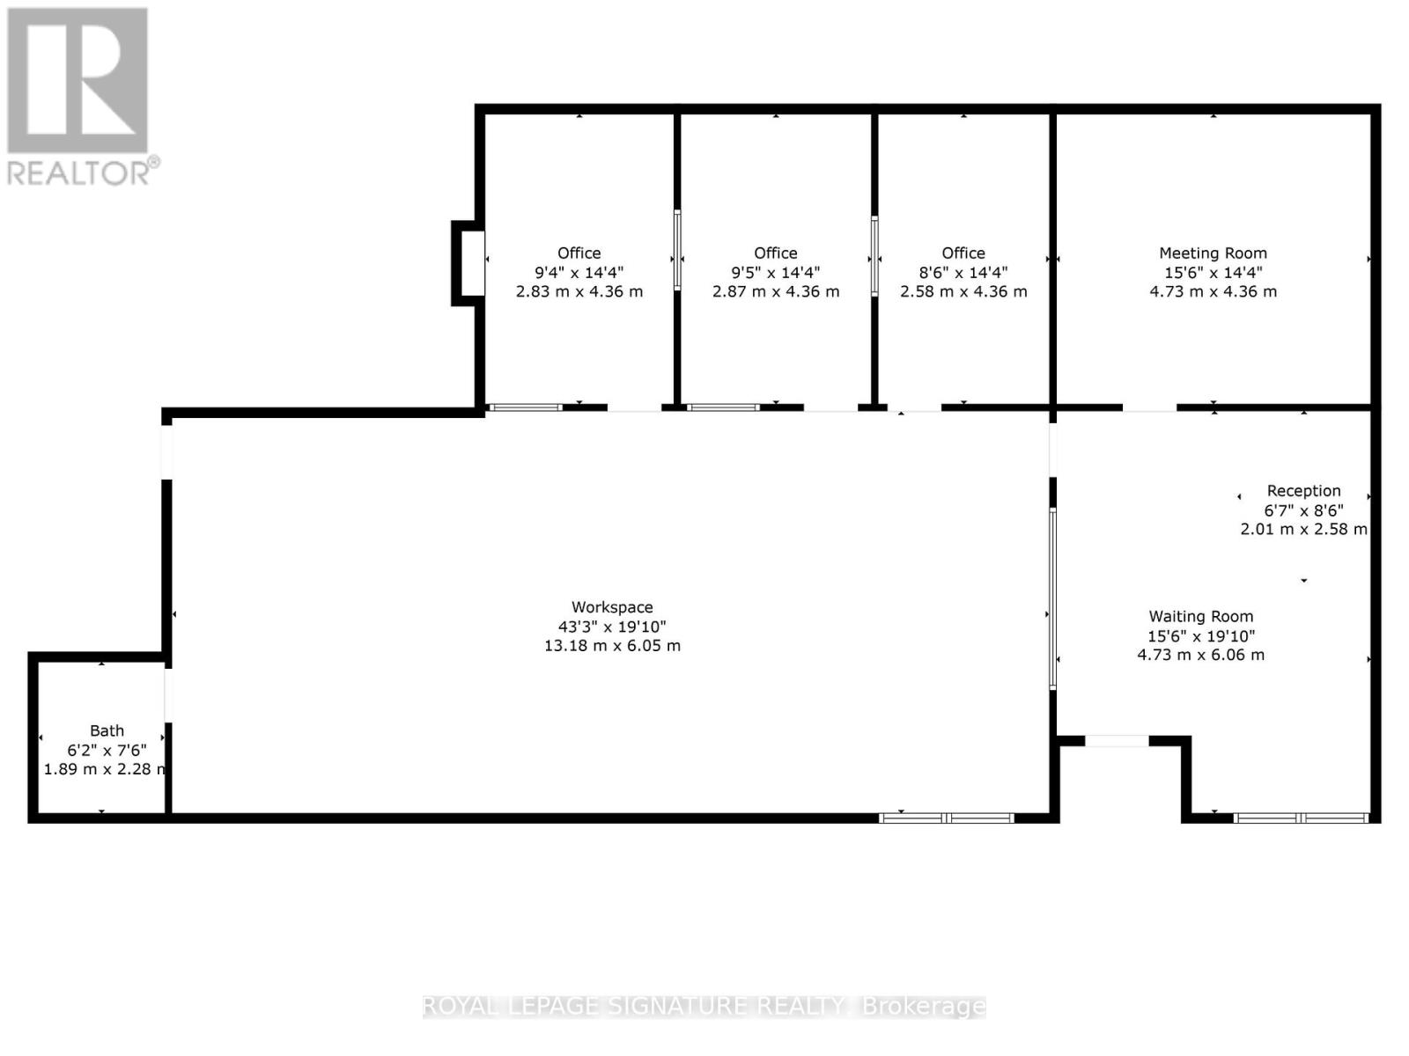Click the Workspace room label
(612, 607)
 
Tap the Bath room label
(107, 730)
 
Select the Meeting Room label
(1213, 253)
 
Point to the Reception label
(1303, 491)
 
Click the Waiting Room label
(1200, 617)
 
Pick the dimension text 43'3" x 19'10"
(612, 627)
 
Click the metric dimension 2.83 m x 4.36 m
(579, 291)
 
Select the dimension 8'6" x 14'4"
(963, 273)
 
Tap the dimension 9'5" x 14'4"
(775, 273)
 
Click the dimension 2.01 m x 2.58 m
(1303, 529)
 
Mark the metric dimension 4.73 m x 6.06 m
(1200, 655)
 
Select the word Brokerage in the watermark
(924, 1006)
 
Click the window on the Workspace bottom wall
(947, 818)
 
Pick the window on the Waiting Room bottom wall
(1301, 818)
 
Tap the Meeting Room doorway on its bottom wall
(1149, 408)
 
